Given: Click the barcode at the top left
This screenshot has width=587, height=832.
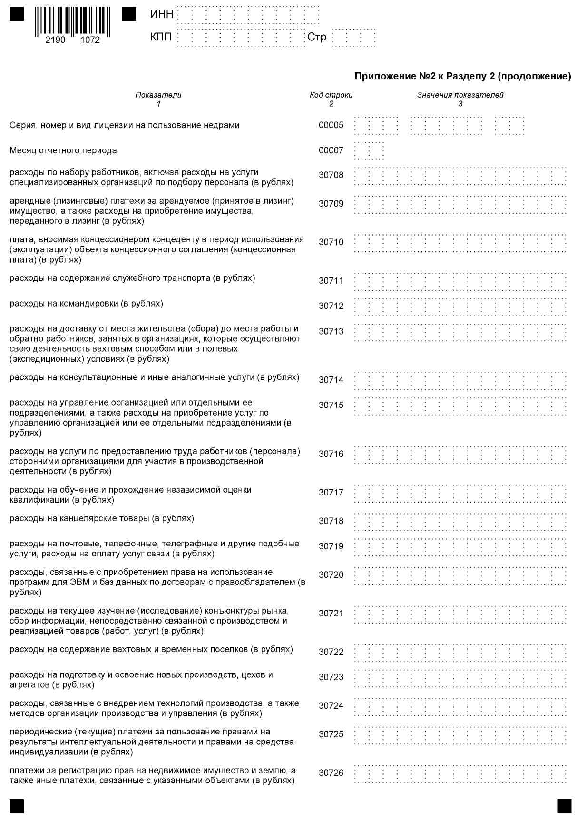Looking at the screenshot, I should point(72,21).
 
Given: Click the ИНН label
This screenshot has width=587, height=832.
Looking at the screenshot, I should point(161,14).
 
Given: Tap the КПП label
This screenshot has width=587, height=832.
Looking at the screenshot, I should point(161,37).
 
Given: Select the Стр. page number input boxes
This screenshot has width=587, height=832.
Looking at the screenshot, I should point(353,37).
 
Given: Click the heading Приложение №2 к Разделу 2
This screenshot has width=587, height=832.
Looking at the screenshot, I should point(462,76).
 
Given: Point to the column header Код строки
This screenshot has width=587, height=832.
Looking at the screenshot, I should point(331,95).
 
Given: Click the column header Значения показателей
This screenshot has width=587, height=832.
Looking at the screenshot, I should point(460,95).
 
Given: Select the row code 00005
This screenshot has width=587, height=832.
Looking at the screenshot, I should point(331,125).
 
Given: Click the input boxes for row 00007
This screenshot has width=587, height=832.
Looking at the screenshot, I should point(369,150).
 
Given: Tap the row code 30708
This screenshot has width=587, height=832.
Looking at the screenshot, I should point(331,175).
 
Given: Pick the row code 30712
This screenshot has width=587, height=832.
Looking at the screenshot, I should point(331,306).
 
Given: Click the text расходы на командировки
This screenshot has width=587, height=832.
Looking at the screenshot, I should point(86,304).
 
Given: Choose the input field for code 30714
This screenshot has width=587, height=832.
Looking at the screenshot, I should point(460,380).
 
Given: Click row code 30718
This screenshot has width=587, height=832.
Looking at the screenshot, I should point(331,521).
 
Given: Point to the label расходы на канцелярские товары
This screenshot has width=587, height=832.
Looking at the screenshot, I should point(102,518).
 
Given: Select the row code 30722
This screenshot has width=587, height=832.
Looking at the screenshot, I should point(331,652).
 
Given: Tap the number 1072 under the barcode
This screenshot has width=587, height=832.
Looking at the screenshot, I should point(90,40).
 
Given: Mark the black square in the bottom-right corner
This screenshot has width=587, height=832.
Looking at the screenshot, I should point(564,806).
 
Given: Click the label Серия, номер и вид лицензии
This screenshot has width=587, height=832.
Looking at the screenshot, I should point(125,125).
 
